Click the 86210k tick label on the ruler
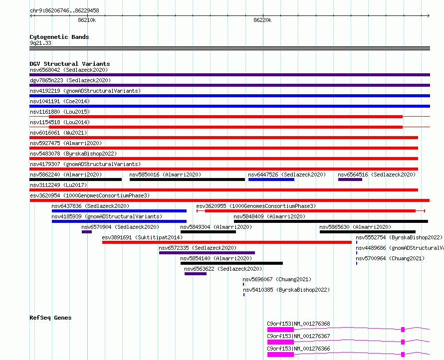[87, 20]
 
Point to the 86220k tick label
[262, 20]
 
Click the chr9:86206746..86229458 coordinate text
[64, 11]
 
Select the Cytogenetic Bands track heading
[59, 37]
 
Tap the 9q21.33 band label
[41, 43]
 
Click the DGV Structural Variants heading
[70, 64]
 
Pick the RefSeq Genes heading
[50, 318]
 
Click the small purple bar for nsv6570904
[87, 232]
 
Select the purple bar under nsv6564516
[350, 180]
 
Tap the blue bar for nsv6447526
[271, 180]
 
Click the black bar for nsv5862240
[76, 180]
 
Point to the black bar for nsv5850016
[187, 180]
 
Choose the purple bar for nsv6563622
[196, 274]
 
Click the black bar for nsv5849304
[208, 232]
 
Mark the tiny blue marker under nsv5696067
[243, 284]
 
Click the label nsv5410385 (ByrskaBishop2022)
[286, 290]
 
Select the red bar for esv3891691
[227, 242]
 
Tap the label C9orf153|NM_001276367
[298, 336]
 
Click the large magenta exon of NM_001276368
[280, 330]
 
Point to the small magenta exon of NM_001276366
[403, 355]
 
